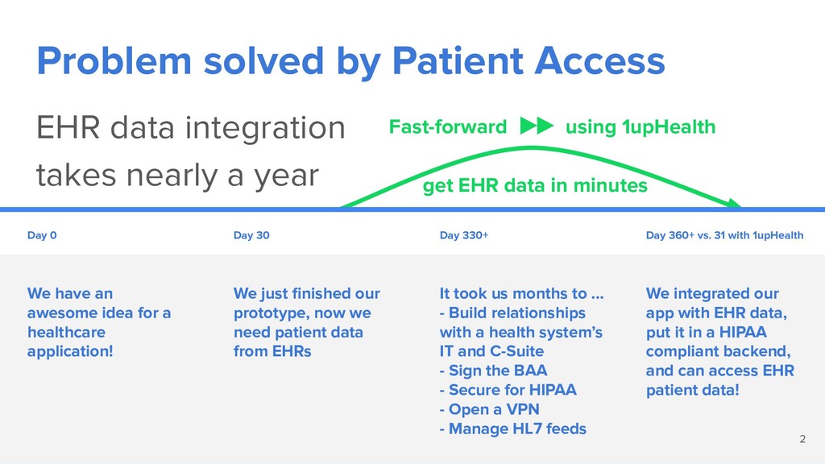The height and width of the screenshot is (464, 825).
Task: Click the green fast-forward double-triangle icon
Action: (537, 126)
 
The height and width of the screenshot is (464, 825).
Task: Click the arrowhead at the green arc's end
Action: (735, 204)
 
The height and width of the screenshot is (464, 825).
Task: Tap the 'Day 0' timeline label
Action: (42, 235)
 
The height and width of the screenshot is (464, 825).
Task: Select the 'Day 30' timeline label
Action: (251, 235)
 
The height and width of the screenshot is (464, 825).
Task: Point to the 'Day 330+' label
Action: (464, 235)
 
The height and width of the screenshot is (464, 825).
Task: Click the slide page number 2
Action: (802, 439)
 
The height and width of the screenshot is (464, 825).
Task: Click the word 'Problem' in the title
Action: (114, 61)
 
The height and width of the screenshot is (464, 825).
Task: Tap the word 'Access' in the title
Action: (599, 61)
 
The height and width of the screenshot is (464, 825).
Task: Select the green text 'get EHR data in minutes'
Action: (535, 186)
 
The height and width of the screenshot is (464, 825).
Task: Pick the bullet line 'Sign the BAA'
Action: (494, 371)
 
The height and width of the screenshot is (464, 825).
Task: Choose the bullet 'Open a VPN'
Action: (490, 409)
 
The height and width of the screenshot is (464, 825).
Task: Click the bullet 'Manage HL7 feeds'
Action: (513, 429)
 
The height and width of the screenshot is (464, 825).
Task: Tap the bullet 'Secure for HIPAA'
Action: (508, 390)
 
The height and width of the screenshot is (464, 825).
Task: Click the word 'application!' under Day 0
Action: (71, 351)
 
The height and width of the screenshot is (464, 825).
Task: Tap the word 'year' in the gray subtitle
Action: (288, 176)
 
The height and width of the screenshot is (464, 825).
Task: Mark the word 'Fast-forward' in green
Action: (448, 126)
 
